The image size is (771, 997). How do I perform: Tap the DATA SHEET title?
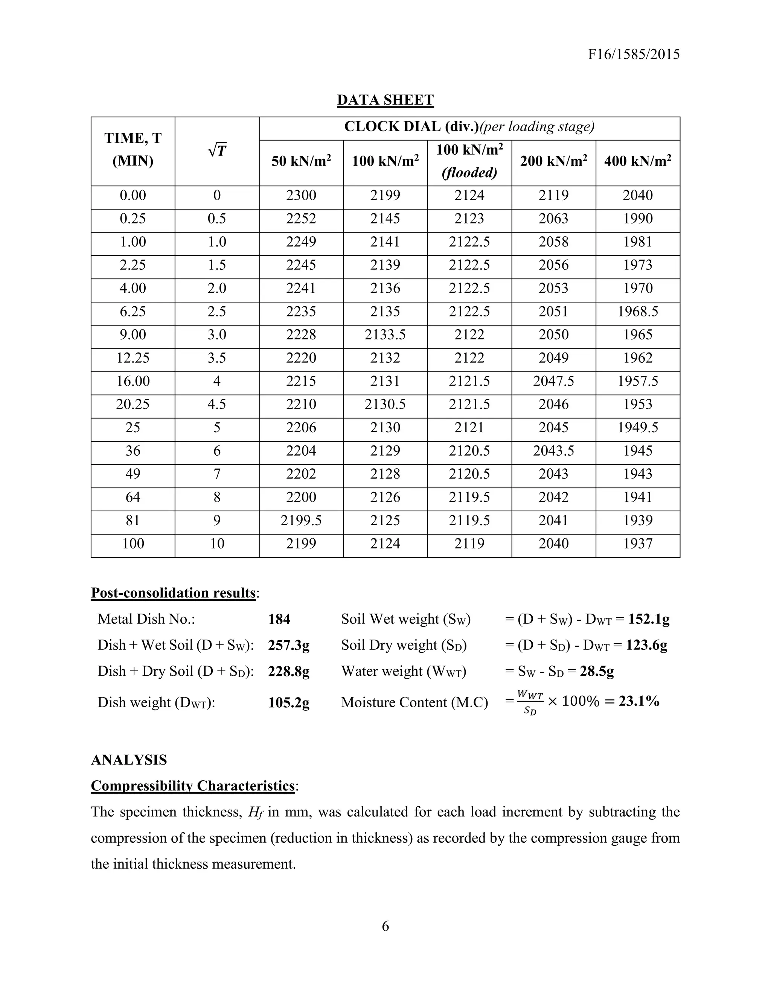point(385,100)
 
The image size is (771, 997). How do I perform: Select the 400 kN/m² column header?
point(638,161)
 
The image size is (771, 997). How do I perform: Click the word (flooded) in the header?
point(469,173)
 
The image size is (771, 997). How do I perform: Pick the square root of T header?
point(217,150)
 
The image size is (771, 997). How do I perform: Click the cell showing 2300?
point(301,195)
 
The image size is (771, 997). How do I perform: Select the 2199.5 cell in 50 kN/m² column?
point(301,520)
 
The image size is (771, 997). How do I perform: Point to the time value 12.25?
point(133,358)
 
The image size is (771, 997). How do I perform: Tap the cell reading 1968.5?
point(638,312)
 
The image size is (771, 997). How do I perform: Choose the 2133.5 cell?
point(385,334)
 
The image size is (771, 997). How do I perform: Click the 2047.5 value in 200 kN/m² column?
point(553,381)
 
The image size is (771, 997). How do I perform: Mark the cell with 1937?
point(638,544)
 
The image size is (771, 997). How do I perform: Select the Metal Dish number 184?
point(279,620)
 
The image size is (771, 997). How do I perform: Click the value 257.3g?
point(289,646)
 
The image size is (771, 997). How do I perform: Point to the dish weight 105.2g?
point(289,702)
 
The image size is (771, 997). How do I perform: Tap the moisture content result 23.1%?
point(639,701)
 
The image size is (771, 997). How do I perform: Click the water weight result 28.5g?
point(597,672)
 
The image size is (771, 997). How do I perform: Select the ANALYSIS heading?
point(129,760)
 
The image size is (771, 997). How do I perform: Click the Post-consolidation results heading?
point(173,593)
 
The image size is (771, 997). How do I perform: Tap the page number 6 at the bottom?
point(385,926)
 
